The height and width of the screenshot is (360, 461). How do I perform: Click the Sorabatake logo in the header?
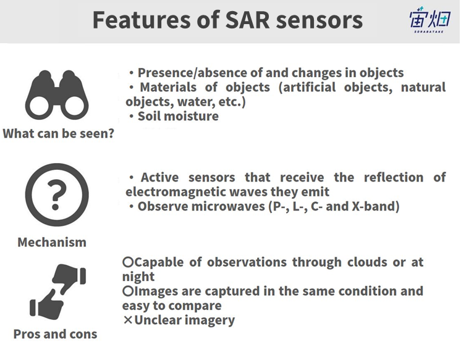[x=430, y=20]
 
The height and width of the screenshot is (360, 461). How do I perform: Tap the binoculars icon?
[x=57, y=95]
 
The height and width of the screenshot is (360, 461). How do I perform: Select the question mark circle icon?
[x=57, y=195]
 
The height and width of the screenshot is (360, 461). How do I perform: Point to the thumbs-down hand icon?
[x=70, y=278]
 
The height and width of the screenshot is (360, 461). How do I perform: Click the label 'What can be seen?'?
[x=58, y=134]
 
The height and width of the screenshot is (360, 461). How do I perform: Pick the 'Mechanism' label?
[x=52, y=243]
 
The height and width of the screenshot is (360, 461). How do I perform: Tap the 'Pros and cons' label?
[x=55, y=334]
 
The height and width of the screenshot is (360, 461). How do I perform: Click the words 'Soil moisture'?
[x=178, y=116]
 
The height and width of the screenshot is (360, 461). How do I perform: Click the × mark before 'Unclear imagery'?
[x=128, y=320]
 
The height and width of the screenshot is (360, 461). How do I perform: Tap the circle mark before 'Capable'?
[x=128, y=262]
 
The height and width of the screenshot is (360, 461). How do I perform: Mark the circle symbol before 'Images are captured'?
[x=128, y=291]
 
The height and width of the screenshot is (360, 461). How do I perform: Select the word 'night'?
[x=138, y=277]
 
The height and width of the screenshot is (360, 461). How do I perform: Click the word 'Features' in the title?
[x=142, y=20]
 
